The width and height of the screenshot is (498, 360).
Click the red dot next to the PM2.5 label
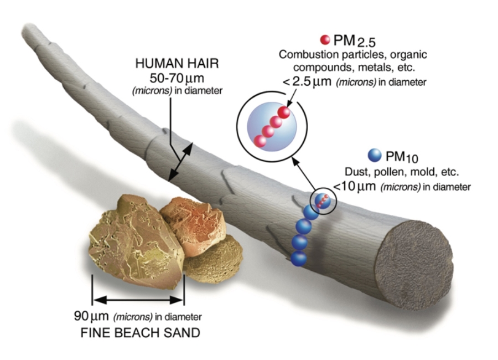click(325, 39)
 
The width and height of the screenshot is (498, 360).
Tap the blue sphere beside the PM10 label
click(375, 155)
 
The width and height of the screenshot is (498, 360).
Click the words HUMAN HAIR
click(177, 63)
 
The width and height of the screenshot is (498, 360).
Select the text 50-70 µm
click(177, 78)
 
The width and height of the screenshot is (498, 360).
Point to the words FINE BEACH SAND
click(141, 333)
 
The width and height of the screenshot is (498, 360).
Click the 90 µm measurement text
click(91, 316)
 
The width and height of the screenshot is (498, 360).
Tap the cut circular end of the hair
click(413, 265)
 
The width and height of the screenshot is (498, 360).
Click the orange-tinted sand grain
click(193, 225)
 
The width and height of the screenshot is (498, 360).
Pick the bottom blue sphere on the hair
click(299, 258)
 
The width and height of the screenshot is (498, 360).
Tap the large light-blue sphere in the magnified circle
click(272, 127)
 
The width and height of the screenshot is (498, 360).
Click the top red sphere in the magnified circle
click(284, 112)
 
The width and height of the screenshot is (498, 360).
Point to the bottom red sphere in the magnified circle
click(260, 141)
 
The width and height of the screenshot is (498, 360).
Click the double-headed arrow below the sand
click(138, 300)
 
